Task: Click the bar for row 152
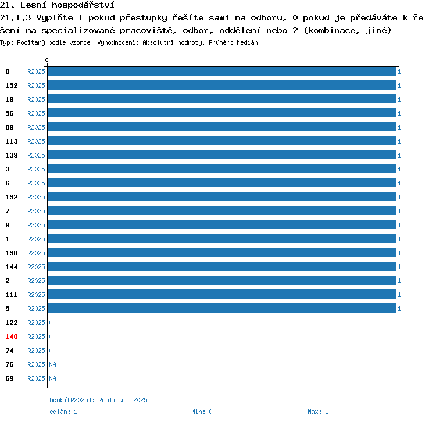(221, 85)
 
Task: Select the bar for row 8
(221, 71)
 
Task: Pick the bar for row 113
(221, 141)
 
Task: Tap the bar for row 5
(221, 308)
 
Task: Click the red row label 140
(12, 337)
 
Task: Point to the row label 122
(12, 323)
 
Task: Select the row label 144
(12, 267)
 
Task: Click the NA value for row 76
(52, 364)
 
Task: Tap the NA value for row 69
(52, 378)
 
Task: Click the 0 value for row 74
(51, 351)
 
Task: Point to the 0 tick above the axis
(47, 60)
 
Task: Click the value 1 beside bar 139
(399, 155)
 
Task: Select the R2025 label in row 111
(36, 295)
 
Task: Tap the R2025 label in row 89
(36, 127)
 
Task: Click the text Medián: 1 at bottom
(62, 412)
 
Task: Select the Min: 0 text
(202, 412)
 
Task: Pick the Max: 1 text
(318, 412)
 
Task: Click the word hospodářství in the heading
(83, 5)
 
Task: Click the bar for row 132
(221, 196)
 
